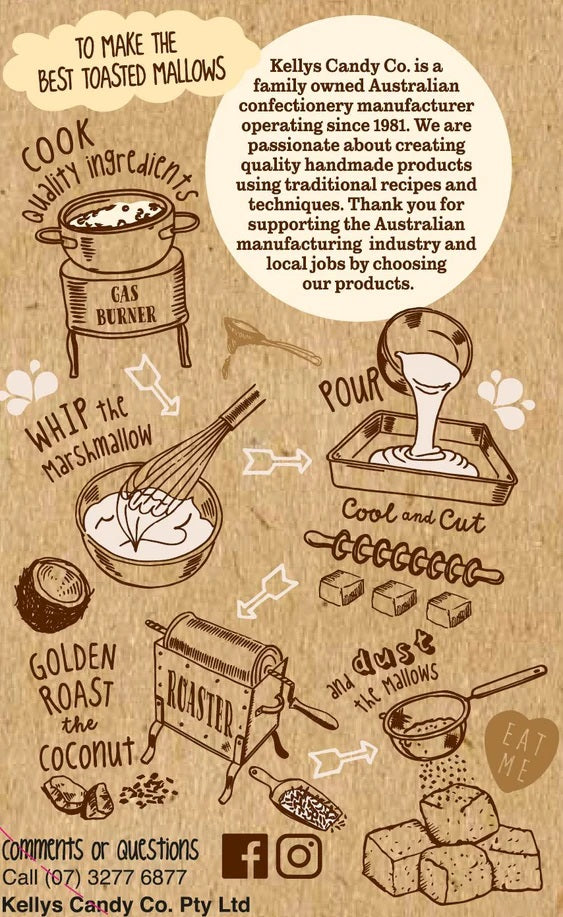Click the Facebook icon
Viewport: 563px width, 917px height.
pyautogui.click(x=245, y=856)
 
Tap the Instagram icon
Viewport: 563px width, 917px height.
pyautogui.click(x=299, y=856)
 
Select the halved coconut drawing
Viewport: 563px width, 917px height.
pyautogui.click(x=53, y=595)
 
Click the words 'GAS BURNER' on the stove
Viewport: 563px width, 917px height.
pyautogui.click(x=126, y=305)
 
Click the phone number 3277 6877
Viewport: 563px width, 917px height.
pyautogui.click(x=137, y=877)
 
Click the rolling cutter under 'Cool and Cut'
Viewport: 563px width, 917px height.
pyautogui.click(x=403, y=559)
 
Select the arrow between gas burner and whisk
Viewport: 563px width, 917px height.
pyautogui.click(x=152, y=385)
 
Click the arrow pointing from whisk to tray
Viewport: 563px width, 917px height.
pyautogui.click(x=277, y=461)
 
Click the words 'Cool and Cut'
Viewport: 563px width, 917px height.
pyautogui.click(x=413, y=516)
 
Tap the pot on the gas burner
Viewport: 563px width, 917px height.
pyautogui.click(x=117, y=229)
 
